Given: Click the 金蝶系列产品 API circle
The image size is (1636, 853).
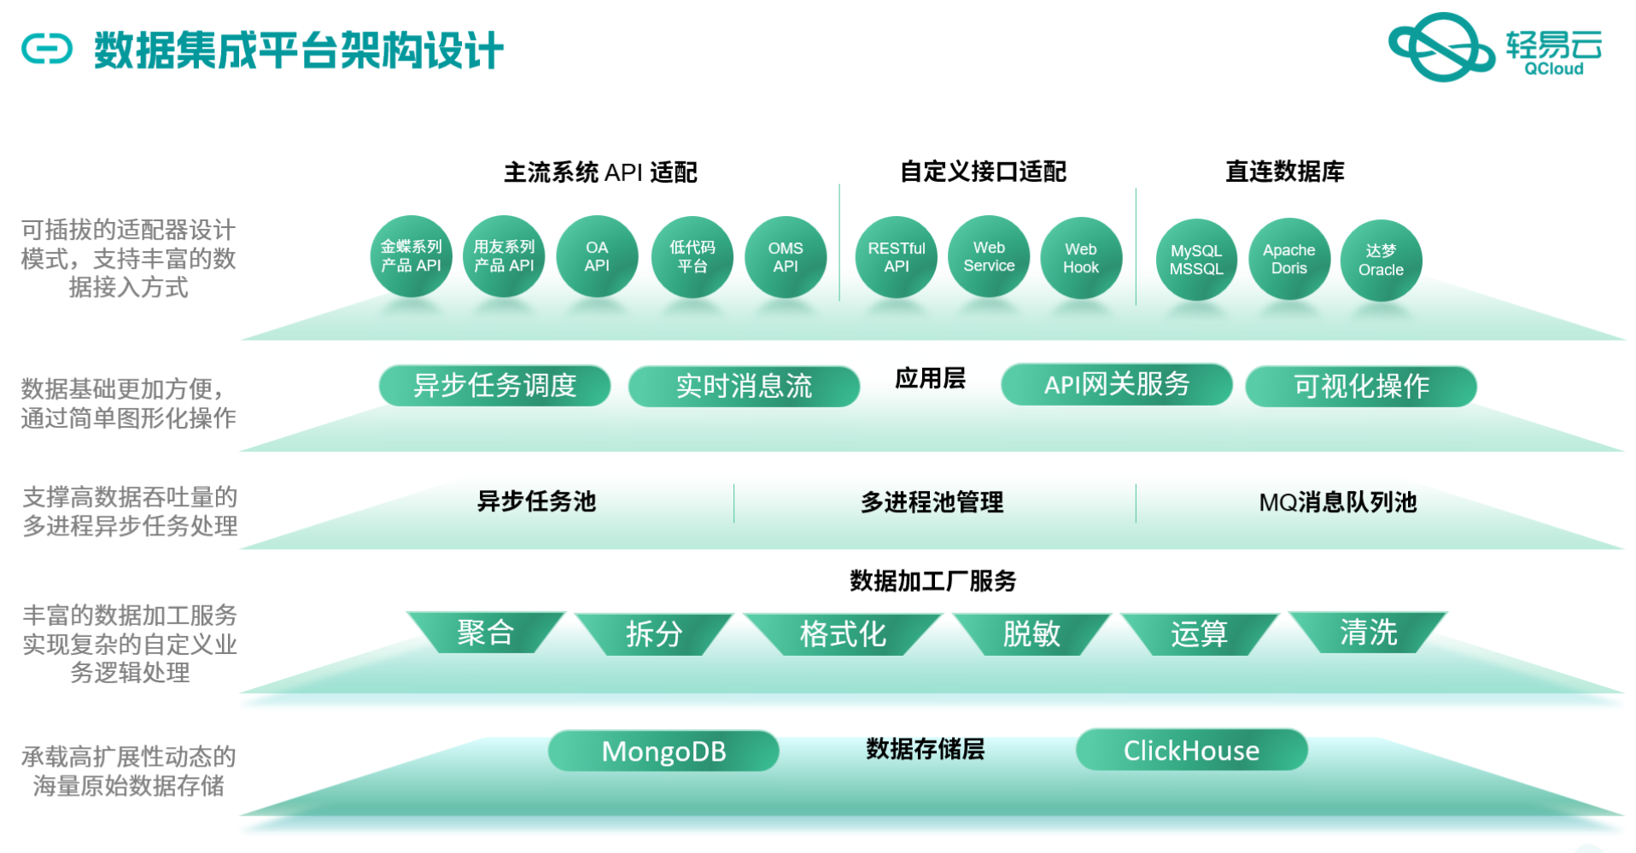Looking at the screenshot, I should tap(411, 256).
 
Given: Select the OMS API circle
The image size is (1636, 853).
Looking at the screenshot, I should tap(786, 257).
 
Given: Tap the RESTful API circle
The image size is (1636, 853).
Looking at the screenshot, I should tap(897, 257).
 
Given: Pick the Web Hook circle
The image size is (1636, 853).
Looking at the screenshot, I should tap(1081, 258).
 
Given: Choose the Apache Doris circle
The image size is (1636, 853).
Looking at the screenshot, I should tap(1289, 259).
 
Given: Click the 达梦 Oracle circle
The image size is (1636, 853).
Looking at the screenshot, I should tap(1381, 260).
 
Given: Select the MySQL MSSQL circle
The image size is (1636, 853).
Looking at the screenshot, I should tap(1196, 260).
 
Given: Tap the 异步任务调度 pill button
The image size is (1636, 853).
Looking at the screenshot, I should tap(494, 386).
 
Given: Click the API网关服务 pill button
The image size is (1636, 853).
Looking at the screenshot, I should tap(1116, 384).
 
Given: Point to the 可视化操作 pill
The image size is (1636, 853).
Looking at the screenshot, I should tap(1361, 386).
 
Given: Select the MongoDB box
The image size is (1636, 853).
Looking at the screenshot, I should tap(663, 751).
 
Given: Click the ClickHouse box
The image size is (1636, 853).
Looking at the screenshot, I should tap(1191, 750).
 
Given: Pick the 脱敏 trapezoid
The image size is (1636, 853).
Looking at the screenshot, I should tap(1031, 634).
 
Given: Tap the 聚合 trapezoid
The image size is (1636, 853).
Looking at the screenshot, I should tap(485, 633).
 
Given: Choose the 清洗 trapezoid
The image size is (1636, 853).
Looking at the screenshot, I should tap(1368, 633).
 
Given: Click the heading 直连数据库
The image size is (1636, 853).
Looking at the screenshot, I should tap(1284, 172).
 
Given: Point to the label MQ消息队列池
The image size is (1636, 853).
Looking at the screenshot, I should tap(1337, 502).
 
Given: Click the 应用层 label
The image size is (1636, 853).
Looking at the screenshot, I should tap(930, 378).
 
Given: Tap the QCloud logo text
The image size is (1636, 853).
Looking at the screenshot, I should tap(1553, 69).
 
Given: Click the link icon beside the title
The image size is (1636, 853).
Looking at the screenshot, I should tap(47, 49).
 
